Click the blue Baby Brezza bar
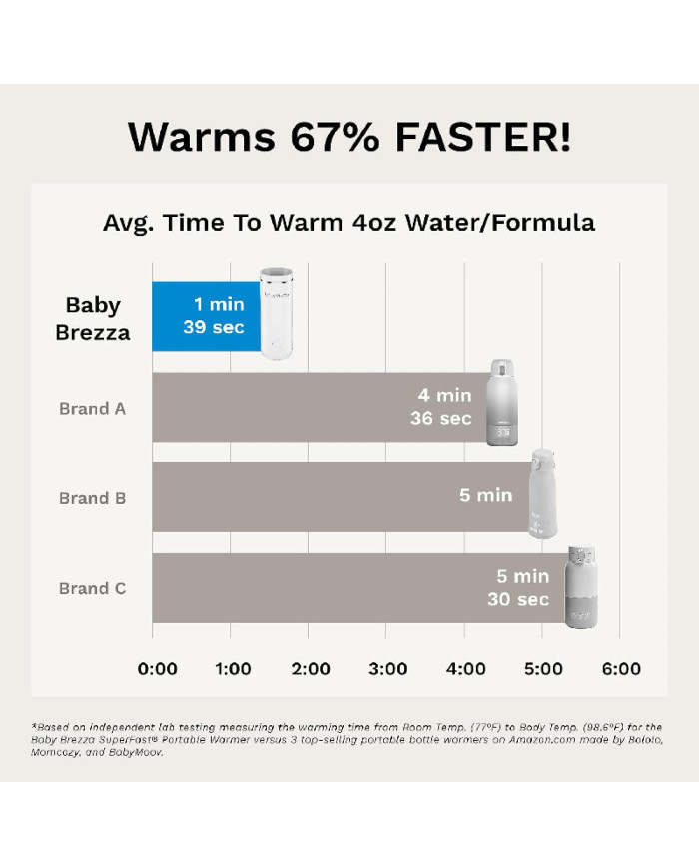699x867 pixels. tap(207, 317)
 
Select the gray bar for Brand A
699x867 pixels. tap(320, 407)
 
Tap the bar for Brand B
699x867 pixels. tap(342, 497)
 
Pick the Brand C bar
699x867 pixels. tap(359, 588)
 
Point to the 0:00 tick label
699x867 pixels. tap(157, 669)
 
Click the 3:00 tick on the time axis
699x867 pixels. tap(388, 669)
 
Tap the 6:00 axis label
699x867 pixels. tap(621, 669)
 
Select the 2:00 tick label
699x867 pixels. tap(311, 669)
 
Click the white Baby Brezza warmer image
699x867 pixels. tap(277, 313)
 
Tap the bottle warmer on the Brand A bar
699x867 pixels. tap(502, 402)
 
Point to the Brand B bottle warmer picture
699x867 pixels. tap(542, 493)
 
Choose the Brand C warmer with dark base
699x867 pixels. tap(581, 587)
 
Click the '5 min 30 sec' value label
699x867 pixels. tap(518, 588)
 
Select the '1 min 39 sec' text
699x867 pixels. tap(214, 315)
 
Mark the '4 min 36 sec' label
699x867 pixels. tap(441, 407)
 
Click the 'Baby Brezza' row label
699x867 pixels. tap(93, 319)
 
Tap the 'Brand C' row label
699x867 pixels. tap(93, 588)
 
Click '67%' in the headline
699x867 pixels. tap(335, 137)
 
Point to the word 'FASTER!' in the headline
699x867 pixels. tap(483, 137)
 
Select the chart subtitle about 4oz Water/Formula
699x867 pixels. tap(349, 223)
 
